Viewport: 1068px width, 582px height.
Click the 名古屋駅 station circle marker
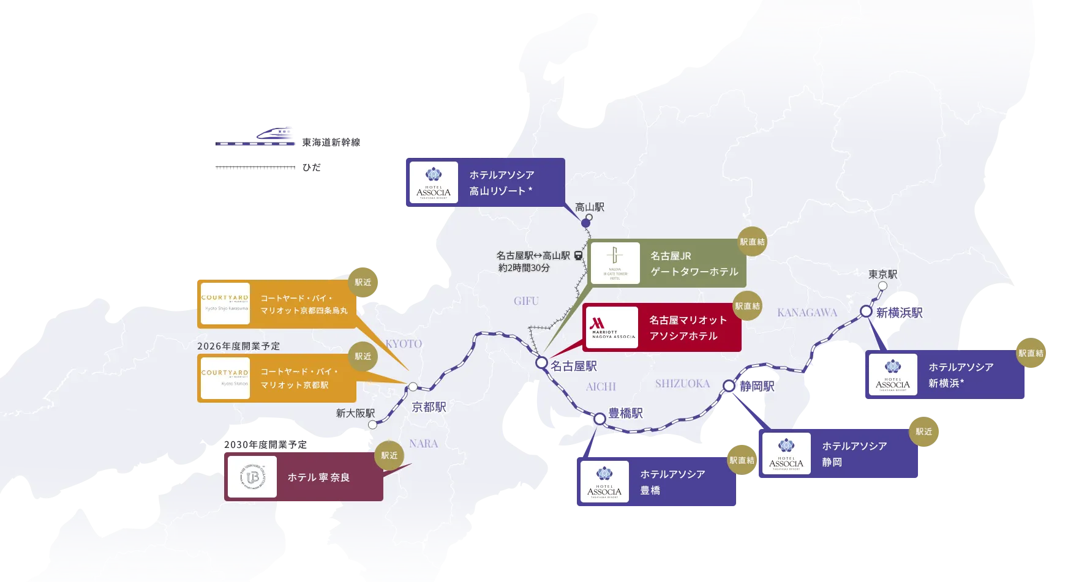point(541,363)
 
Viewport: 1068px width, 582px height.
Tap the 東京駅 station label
point(882,274)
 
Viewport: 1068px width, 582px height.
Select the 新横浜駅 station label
point(899,313)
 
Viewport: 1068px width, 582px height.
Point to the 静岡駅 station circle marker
point(728,386)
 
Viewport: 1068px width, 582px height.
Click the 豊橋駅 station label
point(625,414)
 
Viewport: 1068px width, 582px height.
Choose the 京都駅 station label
point(429,407)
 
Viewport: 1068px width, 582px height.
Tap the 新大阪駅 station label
point(355,413)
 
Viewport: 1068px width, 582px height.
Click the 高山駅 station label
point(589,207)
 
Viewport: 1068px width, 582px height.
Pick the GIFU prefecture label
point(526,301)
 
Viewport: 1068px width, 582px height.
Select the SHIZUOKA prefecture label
point(682,384)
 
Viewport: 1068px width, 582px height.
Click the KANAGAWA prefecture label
point(807,313)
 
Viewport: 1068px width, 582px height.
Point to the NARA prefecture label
point(423,444)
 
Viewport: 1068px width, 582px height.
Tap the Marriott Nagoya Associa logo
point(613,327)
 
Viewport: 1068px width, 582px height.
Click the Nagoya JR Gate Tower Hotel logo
point(615,263)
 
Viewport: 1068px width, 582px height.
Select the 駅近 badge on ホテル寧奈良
point(389,455)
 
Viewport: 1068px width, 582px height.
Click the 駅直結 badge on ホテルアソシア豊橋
point(742,460)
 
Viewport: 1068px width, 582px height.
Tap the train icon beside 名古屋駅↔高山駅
point(578,255)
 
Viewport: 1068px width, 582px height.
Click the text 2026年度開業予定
point(238,346)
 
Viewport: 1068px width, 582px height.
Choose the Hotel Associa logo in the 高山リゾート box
point(434,182)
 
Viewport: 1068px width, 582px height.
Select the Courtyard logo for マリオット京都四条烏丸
point(225,304)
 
